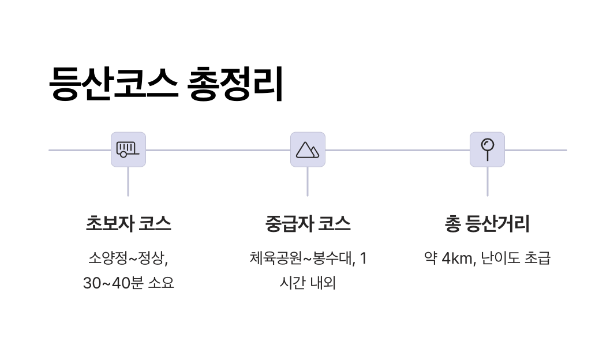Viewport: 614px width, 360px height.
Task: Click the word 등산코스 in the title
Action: (x=113, y=85)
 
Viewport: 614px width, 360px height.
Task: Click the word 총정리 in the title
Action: (x=236, y=85)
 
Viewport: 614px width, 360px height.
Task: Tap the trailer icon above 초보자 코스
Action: (x=128, y=149)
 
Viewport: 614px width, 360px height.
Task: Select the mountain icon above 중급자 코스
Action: (x=308, y=149)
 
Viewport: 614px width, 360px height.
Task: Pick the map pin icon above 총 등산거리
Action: (x=487, y=149)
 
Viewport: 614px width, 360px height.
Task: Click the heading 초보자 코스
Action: (x=128, y=224)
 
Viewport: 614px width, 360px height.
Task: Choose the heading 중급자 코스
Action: (x=308, y=224)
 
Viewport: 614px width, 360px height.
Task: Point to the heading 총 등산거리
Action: (x=487, y=224)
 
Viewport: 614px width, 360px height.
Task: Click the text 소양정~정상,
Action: (x=128, y=258)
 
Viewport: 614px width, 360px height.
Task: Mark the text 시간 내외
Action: (x=308, y=284)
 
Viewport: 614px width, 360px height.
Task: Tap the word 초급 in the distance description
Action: (x=537, y=258)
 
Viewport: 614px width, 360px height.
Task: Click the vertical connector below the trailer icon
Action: (x=128, y=182)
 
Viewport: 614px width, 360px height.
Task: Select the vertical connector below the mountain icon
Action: (x=308, y=182)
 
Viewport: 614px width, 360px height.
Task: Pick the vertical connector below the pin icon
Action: (x=487, y=182)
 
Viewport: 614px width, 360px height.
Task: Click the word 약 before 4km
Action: (x=430, y=258)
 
